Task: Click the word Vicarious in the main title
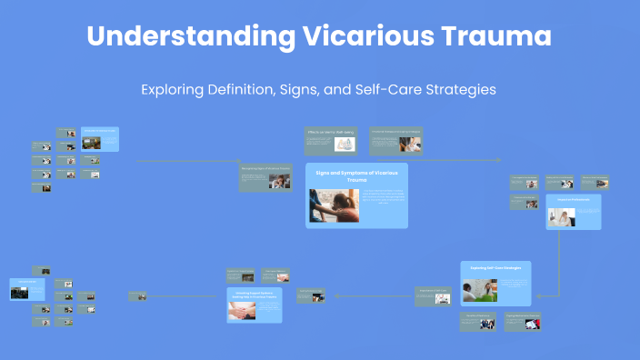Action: coord(363,38)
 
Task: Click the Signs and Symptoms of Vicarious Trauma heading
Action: coord(356,175)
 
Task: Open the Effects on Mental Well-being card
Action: coord(331,140)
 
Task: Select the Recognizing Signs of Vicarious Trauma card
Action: coord(265,177)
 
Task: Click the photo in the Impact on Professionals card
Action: coord(561,216)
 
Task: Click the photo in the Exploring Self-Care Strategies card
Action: coord(478,290)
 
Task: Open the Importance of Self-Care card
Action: coord(433,295)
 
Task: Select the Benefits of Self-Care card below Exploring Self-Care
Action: coord(477,322)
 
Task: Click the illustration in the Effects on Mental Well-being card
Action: coord(345,144)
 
